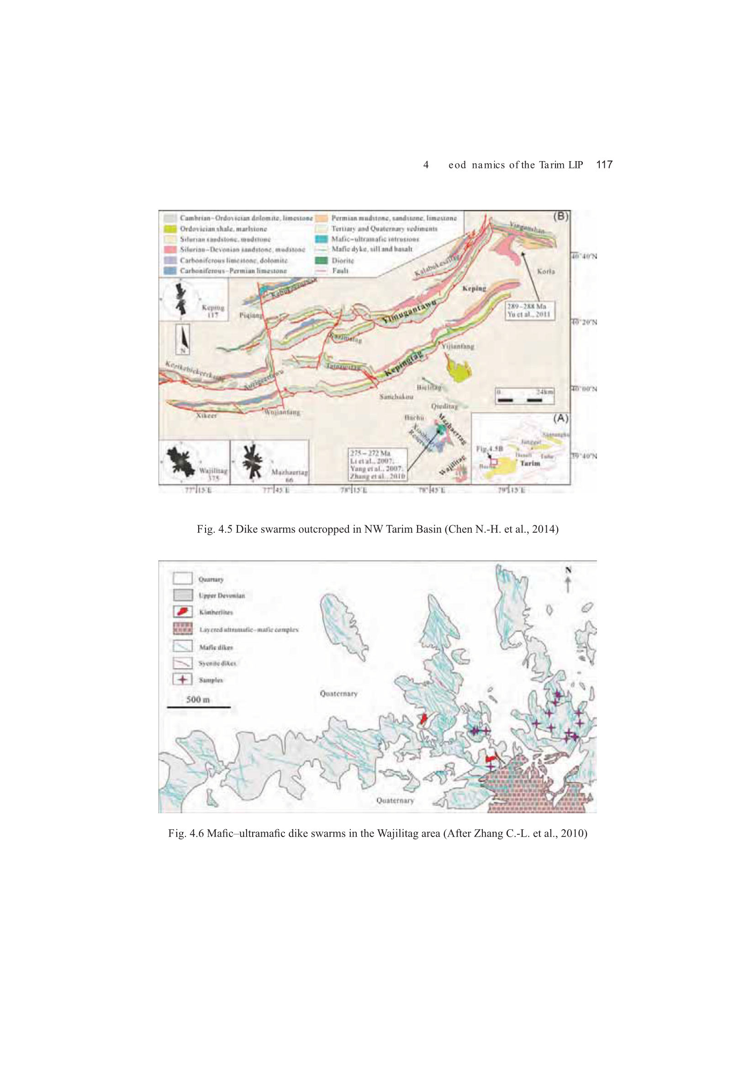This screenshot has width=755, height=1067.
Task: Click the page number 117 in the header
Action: tap(604, 164)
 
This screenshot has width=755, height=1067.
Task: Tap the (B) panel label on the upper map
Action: tap(561, 217)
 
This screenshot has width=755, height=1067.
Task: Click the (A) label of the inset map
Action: tap(560, 418)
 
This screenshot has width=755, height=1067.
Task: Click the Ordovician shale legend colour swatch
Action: tap(170, 229)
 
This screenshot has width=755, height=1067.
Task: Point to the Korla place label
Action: tap(546, 271)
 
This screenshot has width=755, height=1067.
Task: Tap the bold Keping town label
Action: tap(474, 288)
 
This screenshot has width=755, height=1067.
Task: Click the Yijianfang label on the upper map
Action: tap(458, 346)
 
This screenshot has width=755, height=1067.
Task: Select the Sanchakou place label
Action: tap(396, 397)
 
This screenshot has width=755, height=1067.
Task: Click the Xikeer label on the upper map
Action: tap(206, 415)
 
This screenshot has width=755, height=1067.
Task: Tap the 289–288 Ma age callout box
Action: tap(530, 310)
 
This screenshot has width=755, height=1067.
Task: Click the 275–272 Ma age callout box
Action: tap(377, 464)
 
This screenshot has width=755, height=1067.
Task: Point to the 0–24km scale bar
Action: tap(524, 396)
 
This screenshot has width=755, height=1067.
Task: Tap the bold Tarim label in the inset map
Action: tap(530, 463)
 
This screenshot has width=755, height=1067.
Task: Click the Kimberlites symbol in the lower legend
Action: tap(183, 612)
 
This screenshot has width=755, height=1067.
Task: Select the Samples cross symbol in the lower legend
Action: tap(183, 680)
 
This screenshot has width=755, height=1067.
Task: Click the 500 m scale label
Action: tap(198, 699)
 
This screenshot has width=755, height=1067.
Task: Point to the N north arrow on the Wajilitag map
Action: tap(568, 579)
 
